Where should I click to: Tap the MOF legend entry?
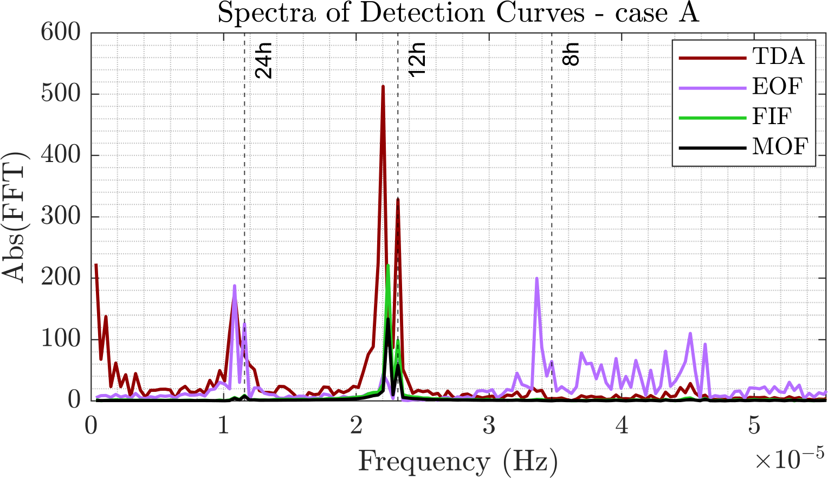pyautogui.click(x=780, y=146)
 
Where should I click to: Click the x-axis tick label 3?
pyautogui.click(x=489, y=426)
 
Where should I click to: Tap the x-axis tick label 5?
pyautogui.click(x=754, y=426)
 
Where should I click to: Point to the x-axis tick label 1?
pyautogui.click(x=223, y=426)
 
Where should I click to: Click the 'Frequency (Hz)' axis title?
pyautogui.click(x=458, y=462)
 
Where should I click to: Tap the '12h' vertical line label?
pyautogui.click(x=417, y=62)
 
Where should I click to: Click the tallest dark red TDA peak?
pyautogui.click(x=383, y=87)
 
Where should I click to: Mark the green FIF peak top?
pyautogui.click(x=388, y=266)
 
